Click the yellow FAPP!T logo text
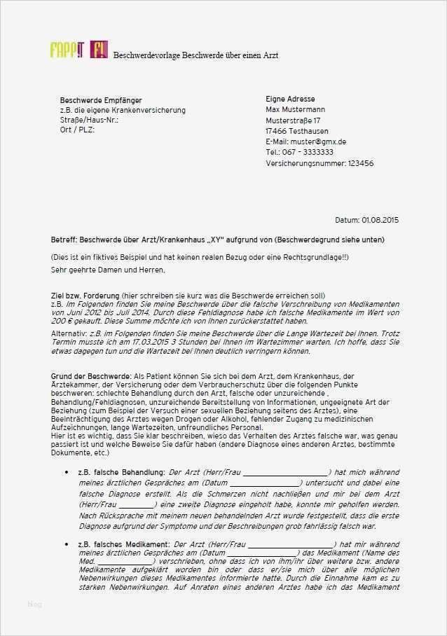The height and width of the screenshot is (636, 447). [x=67, y=50]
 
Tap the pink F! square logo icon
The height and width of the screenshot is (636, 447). [x=98, y=50]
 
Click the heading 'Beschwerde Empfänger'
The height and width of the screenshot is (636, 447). [x=101, y=100]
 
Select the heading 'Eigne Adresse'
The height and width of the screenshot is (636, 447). [x=290, y=99]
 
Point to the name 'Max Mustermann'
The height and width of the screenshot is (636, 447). [x=295, y=110]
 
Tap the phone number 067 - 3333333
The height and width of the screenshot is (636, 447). [x=308, y=152]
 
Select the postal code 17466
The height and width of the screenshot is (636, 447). [x=277, y=131]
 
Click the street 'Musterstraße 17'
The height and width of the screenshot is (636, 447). [x=294, y=120]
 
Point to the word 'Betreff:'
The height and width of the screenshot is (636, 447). [x=64, y=240]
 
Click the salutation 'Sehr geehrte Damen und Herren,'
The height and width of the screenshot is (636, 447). [x=108, y=270]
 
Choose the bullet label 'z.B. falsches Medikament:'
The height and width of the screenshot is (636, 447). [x=123, y=544]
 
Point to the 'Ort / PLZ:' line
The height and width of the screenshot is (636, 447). [x=77, y=130]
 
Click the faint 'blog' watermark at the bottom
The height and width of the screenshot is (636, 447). [x=35, y=604]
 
